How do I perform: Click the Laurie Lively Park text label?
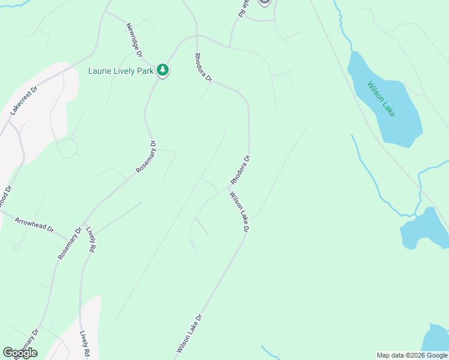point(121,71)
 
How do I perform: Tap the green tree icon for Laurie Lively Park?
point(162,70)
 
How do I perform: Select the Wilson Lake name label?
point(381,99)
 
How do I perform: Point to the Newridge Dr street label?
point(134,40)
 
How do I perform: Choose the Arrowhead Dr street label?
point(34,225)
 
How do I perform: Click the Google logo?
point(20,353)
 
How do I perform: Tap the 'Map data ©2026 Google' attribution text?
point(412,355)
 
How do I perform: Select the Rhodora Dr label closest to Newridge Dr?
point(203,68)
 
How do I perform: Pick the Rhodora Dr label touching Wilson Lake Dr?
point(240,170)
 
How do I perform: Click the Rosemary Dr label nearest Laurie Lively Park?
point(146,157)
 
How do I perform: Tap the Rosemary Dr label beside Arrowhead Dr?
point(70,244)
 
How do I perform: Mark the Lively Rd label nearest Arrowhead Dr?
point(91,239)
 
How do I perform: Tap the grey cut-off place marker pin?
point(265,2)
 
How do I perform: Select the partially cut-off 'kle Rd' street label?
point(243,8)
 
